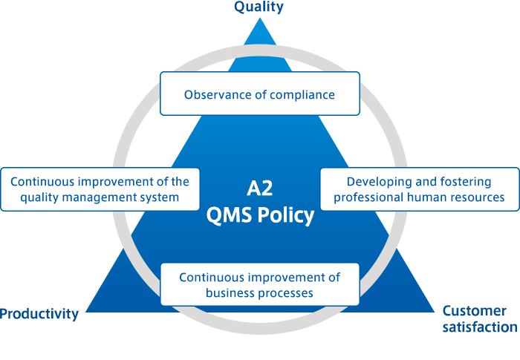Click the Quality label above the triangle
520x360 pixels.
coord(259,7)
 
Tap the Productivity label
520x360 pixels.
coord(39,313)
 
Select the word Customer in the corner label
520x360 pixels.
coord(474,311)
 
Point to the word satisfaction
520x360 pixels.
coord(480,327)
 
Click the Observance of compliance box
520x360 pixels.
coord(260,94)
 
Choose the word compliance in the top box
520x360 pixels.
coord(302,96)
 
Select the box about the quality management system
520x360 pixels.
coord(100,189)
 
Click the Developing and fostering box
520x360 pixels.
coord(420,189)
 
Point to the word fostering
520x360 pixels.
coord(466,183)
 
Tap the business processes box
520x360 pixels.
coord(260,284)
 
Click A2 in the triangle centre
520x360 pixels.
coord(260,189)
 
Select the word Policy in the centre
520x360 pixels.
coord(285,215)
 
